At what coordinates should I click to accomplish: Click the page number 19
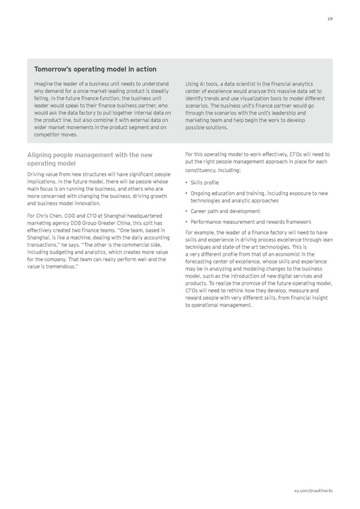pyautogui.click(x=330, y=19)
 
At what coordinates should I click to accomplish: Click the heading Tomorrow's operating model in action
pyautogui.click(x=95, y=70)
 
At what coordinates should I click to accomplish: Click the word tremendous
pyautogui.click(x=62, y=268)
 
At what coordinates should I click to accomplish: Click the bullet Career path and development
pyautogui.click(x=224, y=211)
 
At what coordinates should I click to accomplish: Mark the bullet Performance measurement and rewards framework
pyautogui.click(x=250, y=222)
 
